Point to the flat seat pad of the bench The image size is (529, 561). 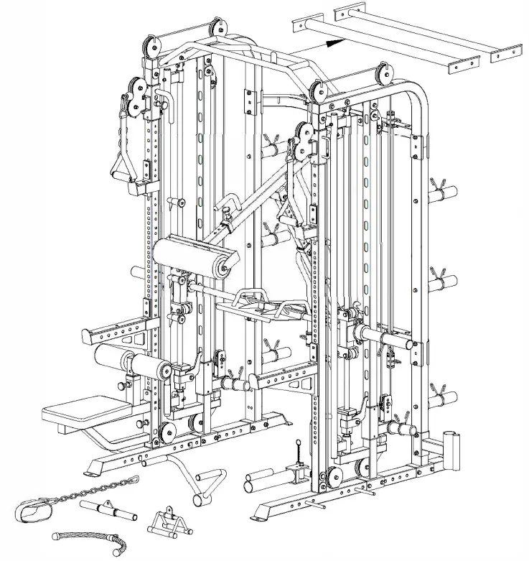tap(75, 413)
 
